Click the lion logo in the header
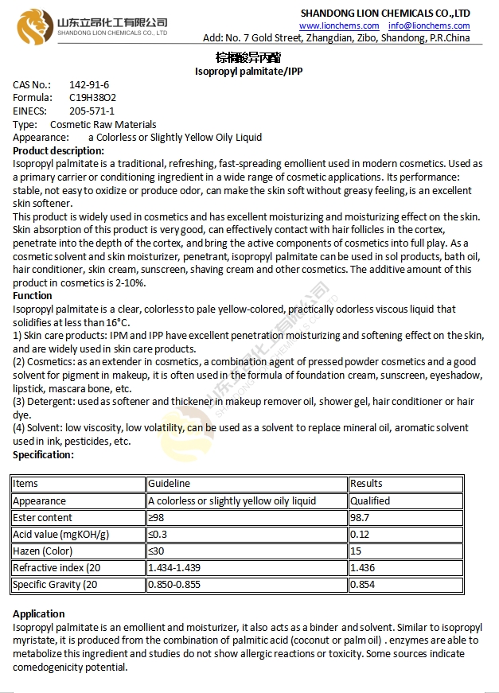click(33, 26)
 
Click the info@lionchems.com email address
click(429, 25)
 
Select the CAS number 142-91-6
click(89, 84)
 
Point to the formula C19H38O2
click(92, 98)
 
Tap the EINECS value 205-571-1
click(92, 111)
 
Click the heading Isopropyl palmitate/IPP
click(248, 71)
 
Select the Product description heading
click(58, 150)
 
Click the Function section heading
click(33, 295)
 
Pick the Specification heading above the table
click(43, 455)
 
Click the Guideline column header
click(169, 483)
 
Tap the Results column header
click(366, 483)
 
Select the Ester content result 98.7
click(361, 517)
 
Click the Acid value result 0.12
click(361, 534)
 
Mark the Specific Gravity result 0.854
click(363, 585)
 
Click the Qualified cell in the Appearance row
click(370, 500)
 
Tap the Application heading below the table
click(39, 613)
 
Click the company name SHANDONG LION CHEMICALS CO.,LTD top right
click(384, 13)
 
